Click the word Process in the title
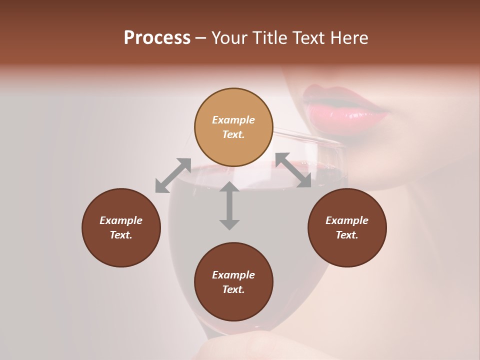(157, 38)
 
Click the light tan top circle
(233, 127)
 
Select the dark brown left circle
(121, 227)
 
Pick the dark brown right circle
(347, 227)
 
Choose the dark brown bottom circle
(233, 282)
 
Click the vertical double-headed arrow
(229, 206)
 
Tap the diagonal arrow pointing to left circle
(173, 175)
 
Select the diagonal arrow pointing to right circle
(293, 170)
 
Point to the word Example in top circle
(233, 120)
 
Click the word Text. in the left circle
(121, 235)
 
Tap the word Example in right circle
(347, 220)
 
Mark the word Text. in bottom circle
(233, 289)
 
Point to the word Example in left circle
(121, 220)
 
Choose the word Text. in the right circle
(347, 235)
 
